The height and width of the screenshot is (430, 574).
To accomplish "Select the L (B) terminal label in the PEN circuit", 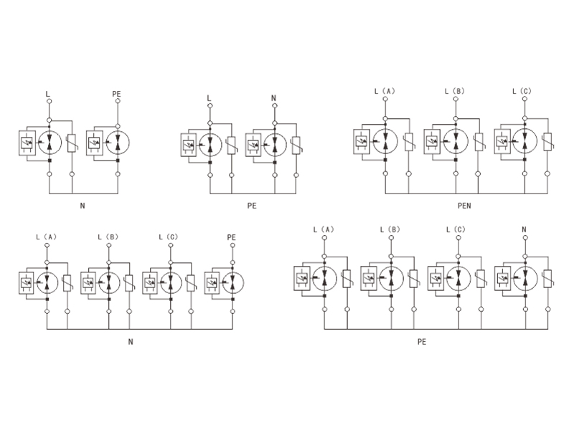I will click(x=455, y=92).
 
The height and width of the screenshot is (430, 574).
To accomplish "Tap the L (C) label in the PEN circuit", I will click(x=523, y=92).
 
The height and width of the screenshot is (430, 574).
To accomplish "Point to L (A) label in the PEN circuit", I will click(x=385, y=92).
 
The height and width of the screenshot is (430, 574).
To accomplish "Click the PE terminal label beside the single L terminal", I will click(x=117, y=95).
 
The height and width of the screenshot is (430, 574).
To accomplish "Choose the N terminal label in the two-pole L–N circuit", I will click(x=273, y=97).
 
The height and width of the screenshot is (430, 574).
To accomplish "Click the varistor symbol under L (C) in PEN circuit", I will click(x=547, y=142).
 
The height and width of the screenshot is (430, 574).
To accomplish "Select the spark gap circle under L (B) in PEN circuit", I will click(x=455, y=141).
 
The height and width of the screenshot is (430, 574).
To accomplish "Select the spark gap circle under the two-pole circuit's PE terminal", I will click(x=117, y=142).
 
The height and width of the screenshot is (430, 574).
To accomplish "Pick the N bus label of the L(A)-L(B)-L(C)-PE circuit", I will click(x=130, y=341).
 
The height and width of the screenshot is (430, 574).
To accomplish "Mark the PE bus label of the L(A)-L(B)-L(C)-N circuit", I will click(x=422, y=341).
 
